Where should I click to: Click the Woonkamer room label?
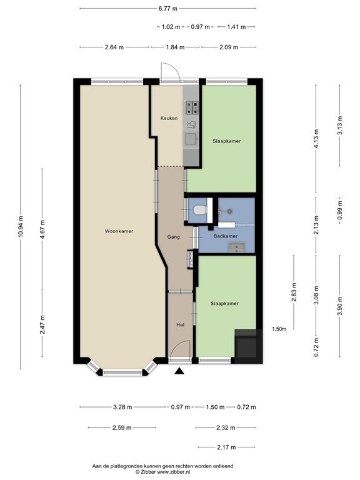click(x=119, y=231)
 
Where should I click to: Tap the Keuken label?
click(x=169, y=118)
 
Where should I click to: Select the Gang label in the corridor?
click(x=173, y=237)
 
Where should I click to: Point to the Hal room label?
click(x=180, y=324)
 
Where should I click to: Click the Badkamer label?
click(x=225, y=236)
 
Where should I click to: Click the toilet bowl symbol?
click(x=200, y=210)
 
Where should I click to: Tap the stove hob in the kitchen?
click(x=191, y=107)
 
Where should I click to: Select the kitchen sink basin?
click(x=192, y=139)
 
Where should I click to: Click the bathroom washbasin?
click(x=237, y=247)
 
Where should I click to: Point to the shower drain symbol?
click(x=229, y=211)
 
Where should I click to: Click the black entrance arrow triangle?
click(x=179, y=371)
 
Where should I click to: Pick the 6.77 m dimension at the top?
click(x=167, y=9)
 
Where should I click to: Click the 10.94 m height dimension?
click(x=21, y=226)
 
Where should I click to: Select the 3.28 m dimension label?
click(x=122, y=407)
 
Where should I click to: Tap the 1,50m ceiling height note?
click(x=279, y=329)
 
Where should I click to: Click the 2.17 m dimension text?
click(x=226, y=447)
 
